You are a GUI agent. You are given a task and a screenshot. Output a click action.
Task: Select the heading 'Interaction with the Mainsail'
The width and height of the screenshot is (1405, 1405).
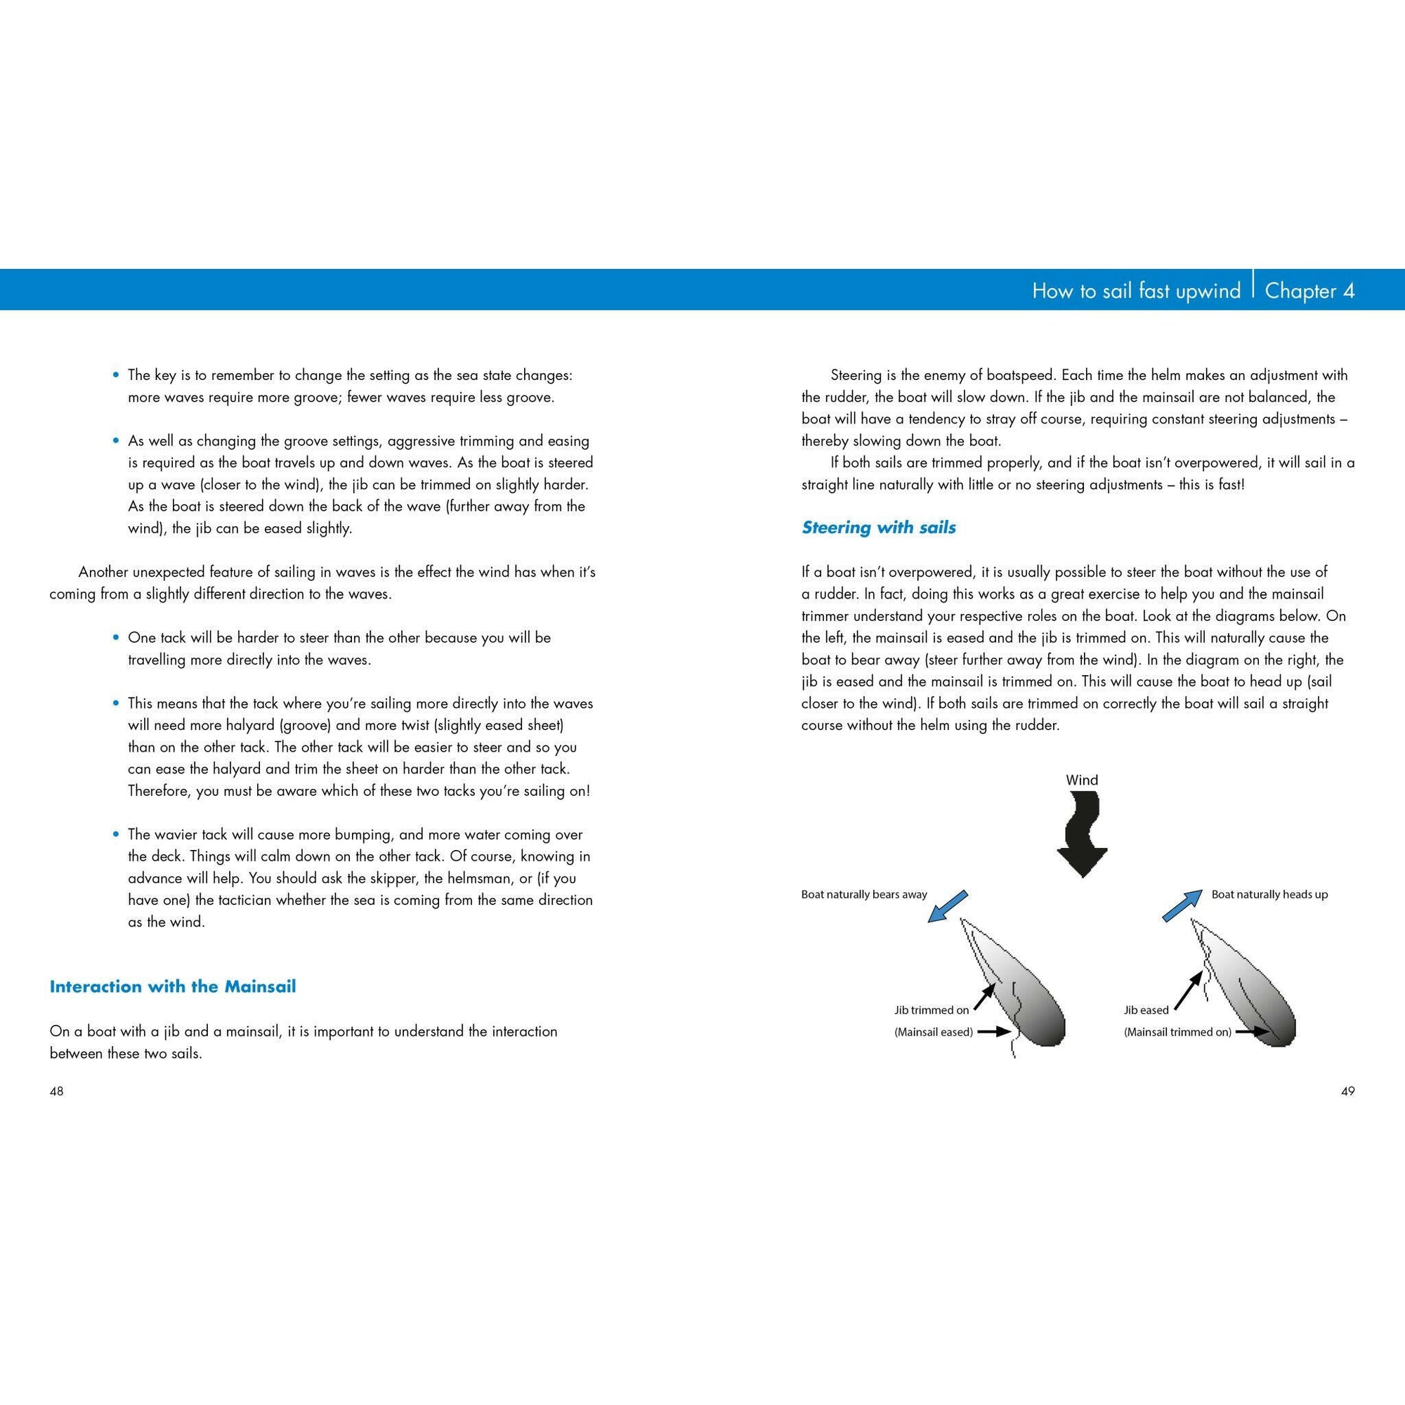tap(172, 987)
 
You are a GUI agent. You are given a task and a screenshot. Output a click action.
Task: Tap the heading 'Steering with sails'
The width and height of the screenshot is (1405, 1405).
tap(879, 528)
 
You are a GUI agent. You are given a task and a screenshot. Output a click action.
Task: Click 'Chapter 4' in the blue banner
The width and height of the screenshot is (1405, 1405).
tap(1309, 291)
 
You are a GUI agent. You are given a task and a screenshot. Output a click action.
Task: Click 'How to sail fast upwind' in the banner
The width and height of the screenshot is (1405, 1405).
tap(1136, 291)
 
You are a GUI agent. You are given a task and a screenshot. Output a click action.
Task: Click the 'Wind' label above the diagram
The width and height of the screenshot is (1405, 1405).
tap(1082, 780)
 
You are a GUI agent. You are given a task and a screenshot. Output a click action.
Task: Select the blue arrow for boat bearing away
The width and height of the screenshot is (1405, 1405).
tap(948, 906)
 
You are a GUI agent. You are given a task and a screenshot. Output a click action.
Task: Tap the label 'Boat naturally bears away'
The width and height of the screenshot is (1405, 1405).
tap(864, 894)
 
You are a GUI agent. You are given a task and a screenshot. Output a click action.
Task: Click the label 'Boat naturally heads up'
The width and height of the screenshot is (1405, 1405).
tap(1269, 894)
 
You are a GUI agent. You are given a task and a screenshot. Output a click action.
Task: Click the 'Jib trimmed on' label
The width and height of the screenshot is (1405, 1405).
tap(932, 1010)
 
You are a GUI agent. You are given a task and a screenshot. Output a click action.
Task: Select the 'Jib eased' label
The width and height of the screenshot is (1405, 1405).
tap(1146, 1010)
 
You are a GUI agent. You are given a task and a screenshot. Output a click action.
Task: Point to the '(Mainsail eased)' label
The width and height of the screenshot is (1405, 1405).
tap(934, 1032)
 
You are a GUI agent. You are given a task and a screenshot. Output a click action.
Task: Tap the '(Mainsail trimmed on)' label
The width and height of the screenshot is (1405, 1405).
tap(1178, 1032)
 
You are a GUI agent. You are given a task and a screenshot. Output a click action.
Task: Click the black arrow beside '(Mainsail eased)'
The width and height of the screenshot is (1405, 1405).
tap(993, 1031)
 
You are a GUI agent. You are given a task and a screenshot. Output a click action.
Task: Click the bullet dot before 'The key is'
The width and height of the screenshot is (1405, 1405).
tap(115, 375)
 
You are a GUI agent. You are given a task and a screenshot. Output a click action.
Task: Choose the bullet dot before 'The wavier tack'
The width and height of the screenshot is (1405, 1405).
tap(115, 835)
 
